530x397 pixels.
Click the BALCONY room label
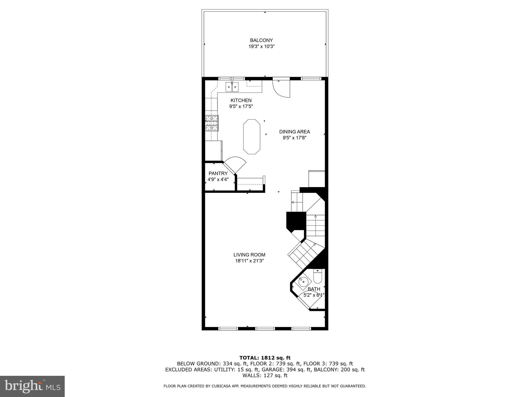coord(261,40)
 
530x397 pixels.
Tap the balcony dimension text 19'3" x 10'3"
coord(261,47)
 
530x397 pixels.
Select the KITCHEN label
coord(241,100)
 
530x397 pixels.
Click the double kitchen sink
coord(232,87)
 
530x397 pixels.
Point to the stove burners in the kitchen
coord(212,123)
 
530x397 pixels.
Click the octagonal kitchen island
coord(252,137)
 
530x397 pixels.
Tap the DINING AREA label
coord(295,132)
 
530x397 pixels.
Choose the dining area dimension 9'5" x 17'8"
coord(295,138)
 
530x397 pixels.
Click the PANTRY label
coord(218,173)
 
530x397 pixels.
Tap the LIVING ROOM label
coord(249,255)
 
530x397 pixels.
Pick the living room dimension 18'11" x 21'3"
coord(249,261)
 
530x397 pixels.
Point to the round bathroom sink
coord(303,282)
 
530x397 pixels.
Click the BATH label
coord(314,289)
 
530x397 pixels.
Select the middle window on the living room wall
coord(265,329)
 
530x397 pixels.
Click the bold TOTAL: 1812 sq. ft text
coord(265,358)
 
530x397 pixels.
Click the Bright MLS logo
coord(32,386)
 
